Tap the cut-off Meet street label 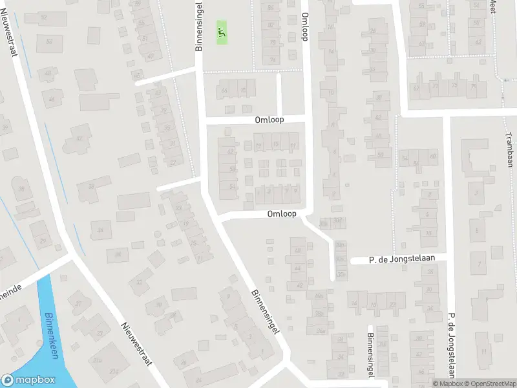pos(492,6)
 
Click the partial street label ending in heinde pos(11,290)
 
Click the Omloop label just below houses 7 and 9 pos(283,214)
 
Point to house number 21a pos(97,360)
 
